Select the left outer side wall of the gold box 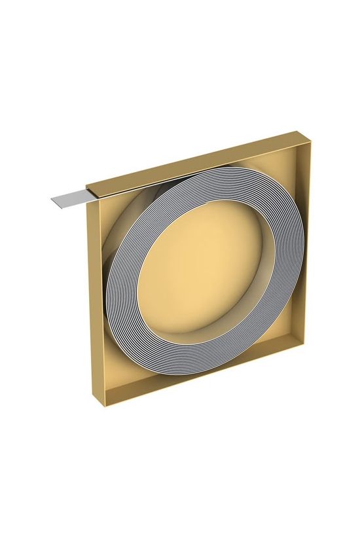(x=99, y=301)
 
